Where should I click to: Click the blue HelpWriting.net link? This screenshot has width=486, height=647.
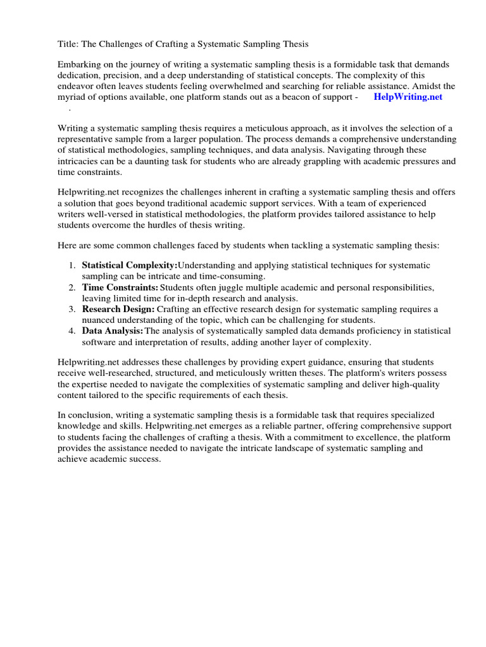point(408,97)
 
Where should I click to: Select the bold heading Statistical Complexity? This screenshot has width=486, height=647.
point(130,265)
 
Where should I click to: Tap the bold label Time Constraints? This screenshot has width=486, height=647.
point(120,287)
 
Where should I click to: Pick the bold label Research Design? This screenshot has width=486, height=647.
point(118,309)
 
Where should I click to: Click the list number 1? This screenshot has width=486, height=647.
point(72,265)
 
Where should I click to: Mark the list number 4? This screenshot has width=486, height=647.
point(72,331)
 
